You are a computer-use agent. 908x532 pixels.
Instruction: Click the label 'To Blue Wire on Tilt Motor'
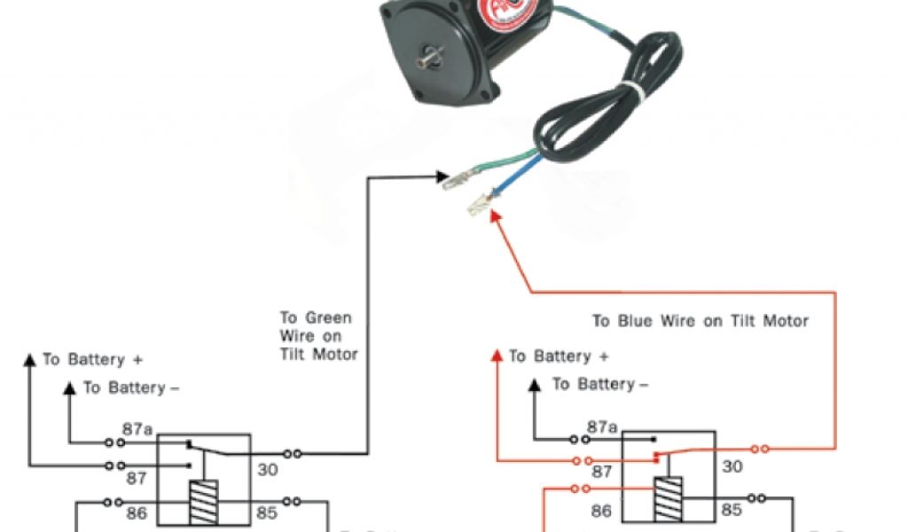(x=701, y=321)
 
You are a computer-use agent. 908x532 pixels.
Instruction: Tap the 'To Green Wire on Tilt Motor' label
(x=318, y=336)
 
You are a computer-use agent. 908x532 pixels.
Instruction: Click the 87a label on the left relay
(x=137, y=430)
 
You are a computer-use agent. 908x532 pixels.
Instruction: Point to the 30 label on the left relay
(x=268, y=470)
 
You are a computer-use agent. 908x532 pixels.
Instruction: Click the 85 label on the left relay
(x=266, y=512)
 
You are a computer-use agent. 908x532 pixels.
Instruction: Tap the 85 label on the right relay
(x=731, y=509)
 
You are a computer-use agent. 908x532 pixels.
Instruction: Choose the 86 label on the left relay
(x=137, y=512)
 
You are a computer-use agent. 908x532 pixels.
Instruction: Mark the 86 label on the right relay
(x=602, y=511)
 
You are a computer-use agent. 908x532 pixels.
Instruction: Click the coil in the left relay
(x=203, y=503)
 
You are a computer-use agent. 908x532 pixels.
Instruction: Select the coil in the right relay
(x=668, y=499)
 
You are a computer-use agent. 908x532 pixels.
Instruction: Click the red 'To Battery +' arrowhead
(x=497, y=356)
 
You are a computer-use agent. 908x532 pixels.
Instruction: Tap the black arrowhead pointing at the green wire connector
(x=443, y=177)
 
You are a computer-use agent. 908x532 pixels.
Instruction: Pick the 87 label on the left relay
(x=135, y=479)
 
